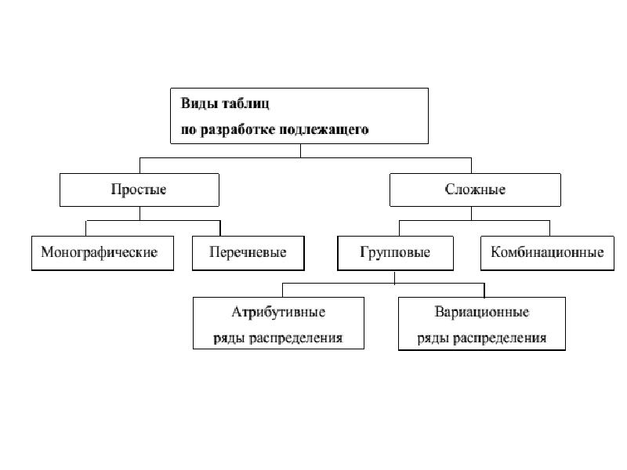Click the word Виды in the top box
pos(196,103)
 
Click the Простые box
pos(140,190)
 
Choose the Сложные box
pos(475,190)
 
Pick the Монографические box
pos(102,253)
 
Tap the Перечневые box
pos(248,253)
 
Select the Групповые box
pos(395,253)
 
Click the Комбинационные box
pos(546,253)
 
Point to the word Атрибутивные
pos(278,312)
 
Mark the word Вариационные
pos(482,312)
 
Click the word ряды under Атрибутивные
pos(227,338)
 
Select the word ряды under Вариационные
pos(432,338)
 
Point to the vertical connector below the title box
pos(299,150)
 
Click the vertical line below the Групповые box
pos(395,276)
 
